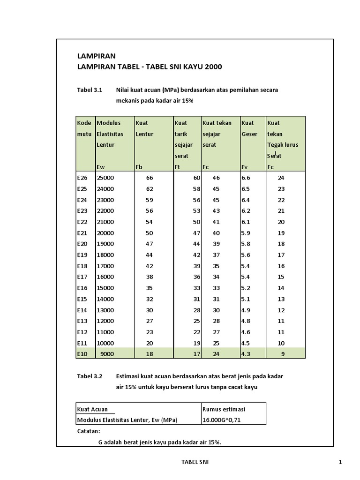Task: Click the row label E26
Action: click(82, 178)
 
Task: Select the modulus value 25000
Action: click(105, 178)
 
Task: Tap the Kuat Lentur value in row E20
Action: click(150, 244)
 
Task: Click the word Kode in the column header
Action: click(84, 123)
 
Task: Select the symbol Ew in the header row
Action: click(101, 167)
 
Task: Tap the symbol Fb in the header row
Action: click(139, 167)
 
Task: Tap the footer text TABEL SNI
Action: click(195, 462)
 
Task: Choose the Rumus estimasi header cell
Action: click(224, 409)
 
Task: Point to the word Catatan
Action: click(88, 431)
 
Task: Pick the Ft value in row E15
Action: click(197, 299)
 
